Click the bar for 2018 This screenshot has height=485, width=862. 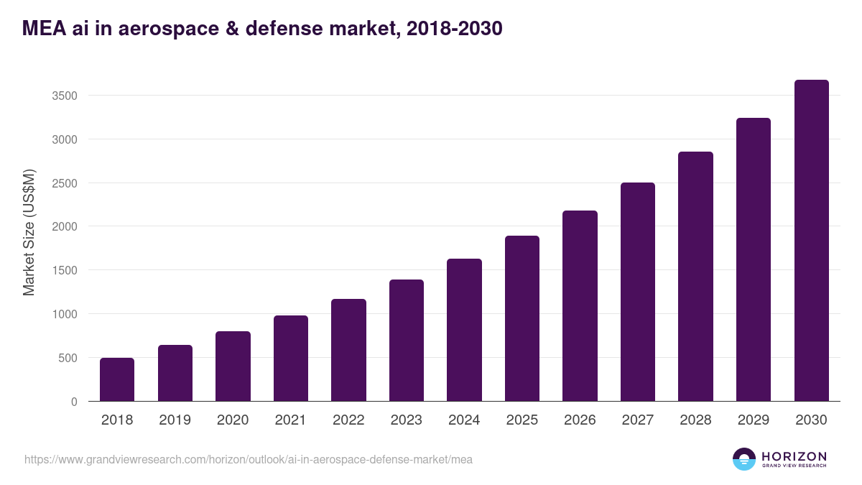coord(117,379)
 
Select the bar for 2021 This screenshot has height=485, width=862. coord(291,358)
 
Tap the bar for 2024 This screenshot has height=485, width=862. coord(464,330)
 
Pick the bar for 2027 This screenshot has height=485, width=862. coord(638,292)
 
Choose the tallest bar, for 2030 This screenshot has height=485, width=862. coord(811,241)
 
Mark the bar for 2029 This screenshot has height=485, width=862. coord(754,259)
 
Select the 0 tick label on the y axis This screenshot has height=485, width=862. coord(74,402)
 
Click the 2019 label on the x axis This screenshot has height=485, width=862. coord(175,420)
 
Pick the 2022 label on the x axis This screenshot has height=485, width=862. coord(348,420)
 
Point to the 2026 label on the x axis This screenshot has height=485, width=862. coord(580,420)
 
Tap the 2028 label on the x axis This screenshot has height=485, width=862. coord(695,420)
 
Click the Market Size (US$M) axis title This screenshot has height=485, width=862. coord(29,232)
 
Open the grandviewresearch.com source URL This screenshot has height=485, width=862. coord(249,459)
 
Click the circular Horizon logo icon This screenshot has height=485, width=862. coord(744,459)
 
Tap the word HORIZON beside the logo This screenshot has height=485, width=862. coord(794,456)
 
